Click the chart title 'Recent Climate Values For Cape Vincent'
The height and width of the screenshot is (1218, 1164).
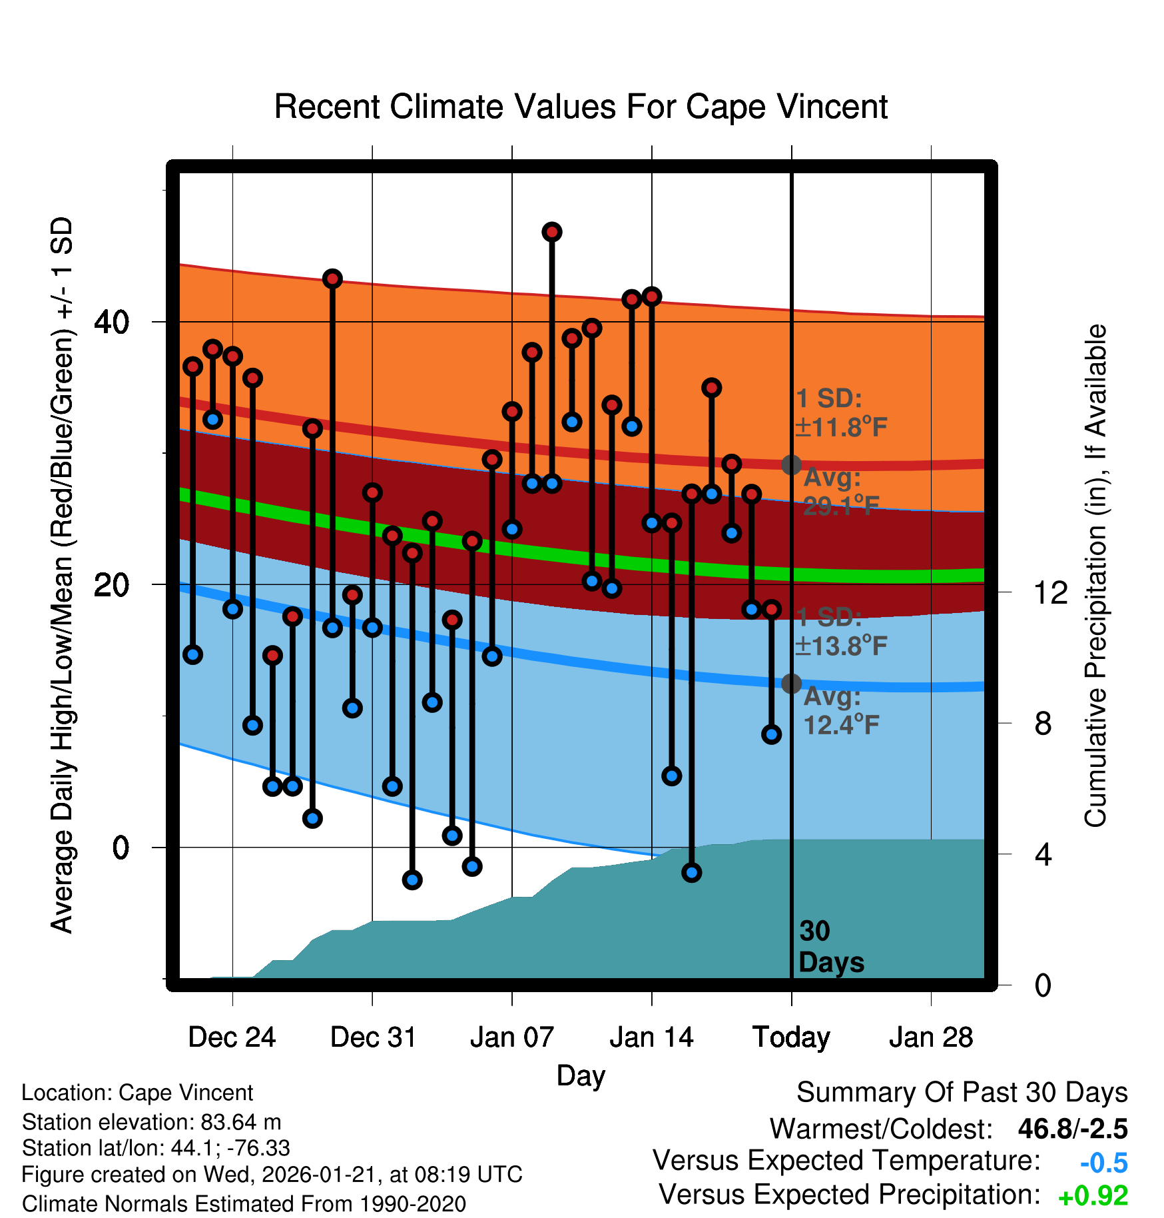581,107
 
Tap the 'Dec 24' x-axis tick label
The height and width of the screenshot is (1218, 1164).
232,1037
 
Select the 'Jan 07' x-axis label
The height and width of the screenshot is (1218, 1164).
511,1037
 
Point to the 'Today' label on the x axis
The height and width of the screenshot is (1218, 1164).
791,1037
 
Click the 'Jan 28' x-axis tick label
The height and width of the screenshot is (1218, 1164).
931,1037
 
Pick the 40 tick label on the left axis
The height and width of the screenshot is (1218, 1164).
112,322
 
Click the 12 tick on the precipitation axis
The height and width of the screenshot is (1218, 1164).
1051,592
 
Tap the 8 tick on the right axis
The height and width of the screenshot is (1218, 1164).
1043,724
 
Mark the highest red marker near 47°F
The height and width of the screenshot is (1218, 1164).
551,232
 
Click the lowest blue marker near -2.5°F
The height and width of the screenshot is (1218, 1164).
412,880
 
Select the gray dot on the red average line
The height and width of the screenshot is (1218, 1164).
791,464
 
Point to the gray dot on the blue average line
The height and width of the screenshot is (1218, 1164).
791,683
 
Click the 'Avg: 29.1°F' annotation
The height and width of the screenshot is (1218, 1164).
840,492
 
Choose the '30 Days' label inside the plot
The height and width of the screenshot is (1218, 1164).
830,947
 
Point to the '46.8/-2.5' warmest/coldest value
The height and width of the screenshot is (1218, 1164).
1072,1129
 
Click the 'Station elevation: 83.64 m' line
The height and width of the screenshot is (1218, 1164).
152,1122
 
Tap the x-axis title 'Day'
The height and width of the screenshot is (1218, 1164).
581,1075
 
